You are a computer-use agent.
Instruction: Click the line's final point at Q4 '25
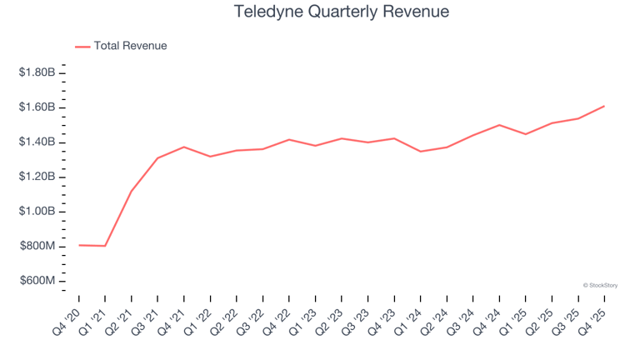click(603, 106)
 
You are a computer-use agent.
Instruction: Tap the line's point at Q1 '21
click(105, 246)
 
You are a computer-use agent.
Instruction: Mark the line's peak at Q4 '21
click(183, 147)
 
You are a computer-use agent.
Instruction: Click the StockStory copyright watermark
click(600, 285)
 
